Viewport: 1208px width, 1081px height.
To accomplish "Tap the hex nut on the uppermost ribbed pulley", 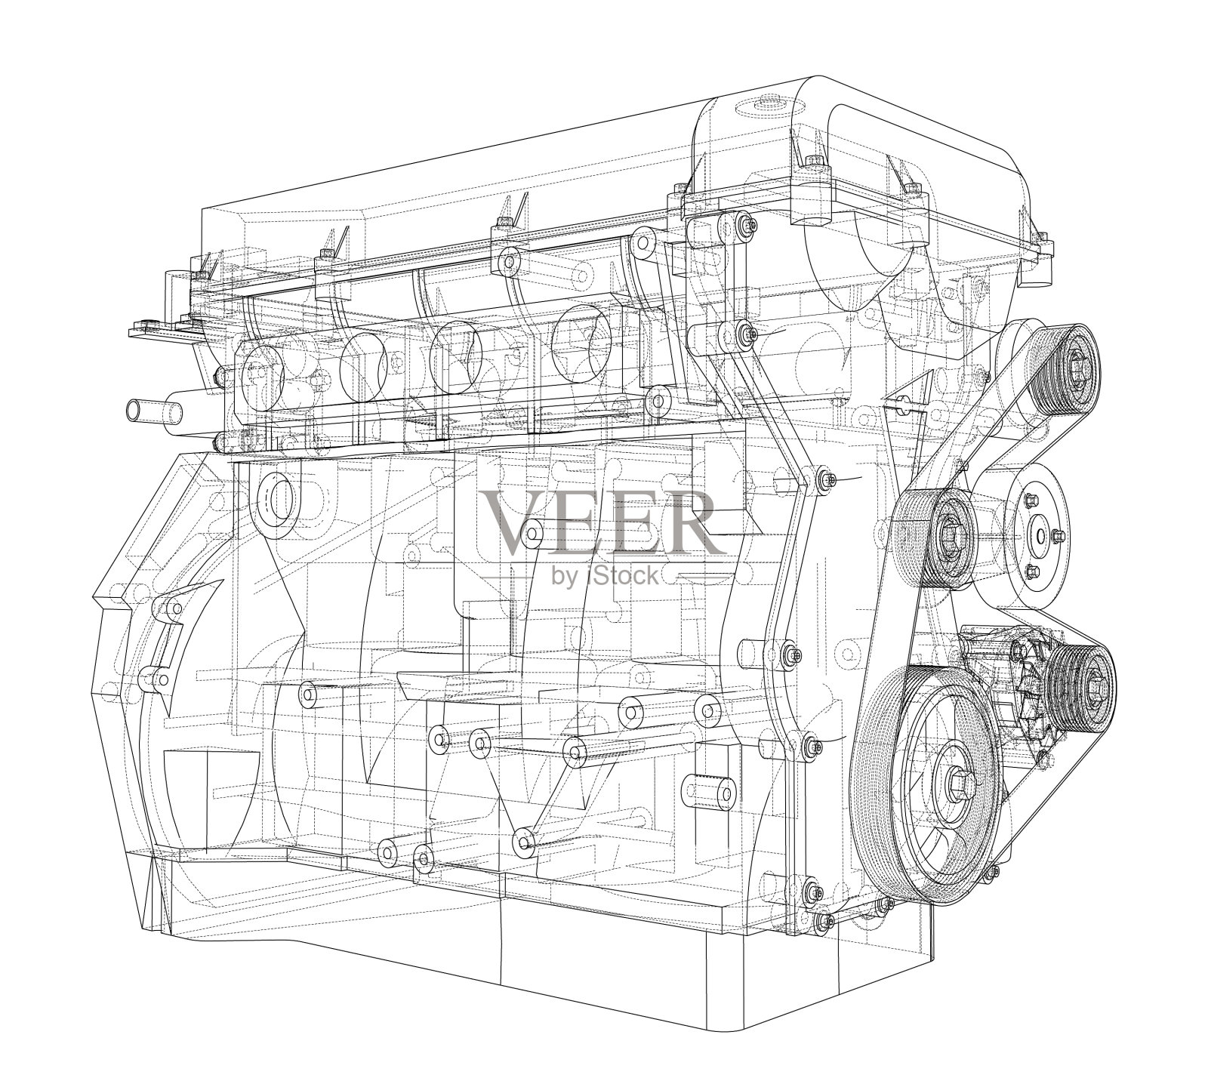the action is click(1075, 371).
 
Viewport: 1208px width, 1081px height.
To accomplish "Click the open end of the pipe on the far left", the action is click(134, 411).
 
